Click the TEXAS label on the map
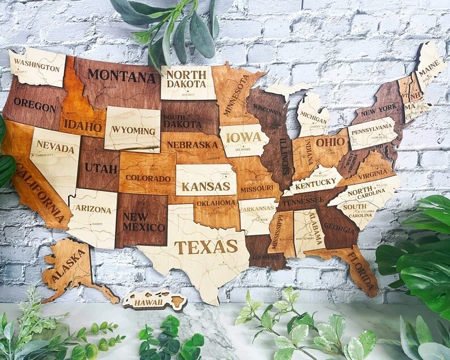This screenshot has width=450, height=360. pos(206,247)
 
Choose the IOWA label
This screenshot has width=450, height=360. pos(244,137)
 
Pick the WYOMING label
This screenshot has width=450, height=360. pos(133,130)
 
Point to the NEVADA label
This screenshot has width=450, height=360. pos(56,147)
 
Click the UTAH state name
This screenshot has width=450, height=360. pos(101,168)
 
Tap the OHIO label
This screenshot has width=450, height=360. pos(330,142)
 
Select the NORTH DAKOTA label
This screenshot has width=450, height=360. pos(186,79)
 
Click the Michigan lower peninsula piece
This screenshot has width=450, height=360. pos(313,116)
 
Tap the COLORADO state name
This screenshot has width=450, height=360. pos(148,178)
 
